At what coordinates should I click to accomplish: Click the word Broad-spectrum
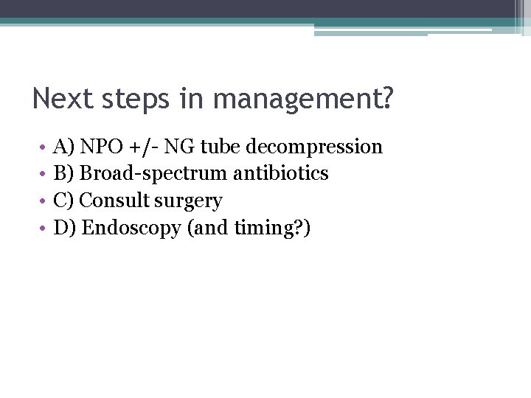point(153,174)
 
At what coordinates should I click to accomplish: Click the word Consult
point(114,200)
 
